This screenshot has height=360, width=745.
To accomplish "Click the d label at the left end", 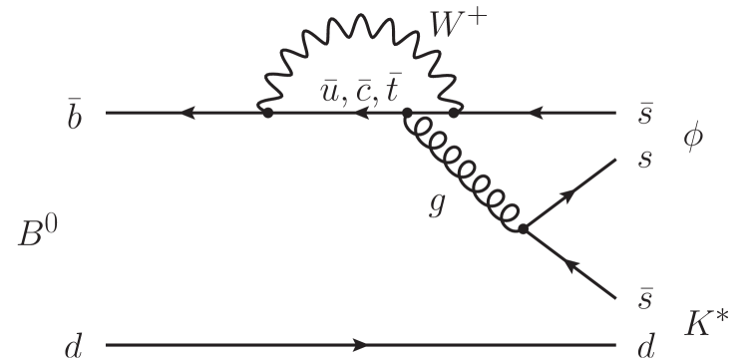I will pyautogui.click(x=73, y=344).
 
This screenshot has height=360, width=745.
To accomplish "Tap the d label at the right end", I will pyautogui.click(x=643, y=344).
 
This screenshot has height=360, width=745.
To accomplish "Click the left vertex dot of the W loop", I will pyautogui.click(x=266, y=113).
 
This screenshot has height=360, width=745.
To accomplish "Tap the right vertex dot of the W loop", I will pyautogui.click(x=454, y=113).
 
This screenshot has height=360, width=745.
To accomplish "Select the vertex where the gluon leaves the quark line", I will pyautogui.click(x=406, y=113).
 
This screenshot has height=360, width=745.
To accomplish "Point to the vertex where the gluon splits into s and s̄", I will pyautogui.click(x=523, y=229).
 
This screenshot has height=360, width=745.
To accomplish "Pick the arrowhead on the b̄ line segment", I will pyautogui.click(x=185, y=113).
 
